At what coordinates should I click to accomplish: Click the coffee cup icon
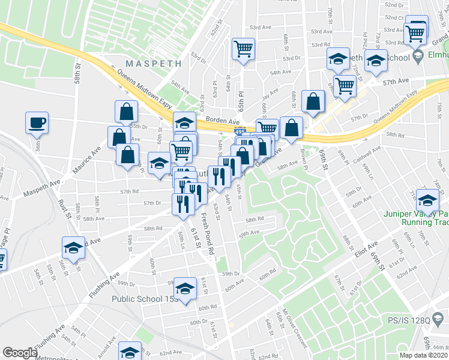[x=36, y=122]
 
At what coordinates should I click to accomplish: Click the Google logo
[x=20, y=353]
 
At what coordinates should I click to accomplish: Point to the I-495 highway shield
[x=238, y=130]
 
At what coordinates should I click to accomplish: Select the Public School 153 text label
[x=144, y=299]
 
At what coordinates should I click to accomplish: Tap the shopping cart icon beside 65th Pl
[x=243, y=49]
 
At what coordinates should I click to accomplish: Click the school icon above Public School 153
[x=185, y=287]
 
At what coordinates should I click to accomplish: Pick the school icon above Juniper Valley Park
[x=428, y=200]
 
